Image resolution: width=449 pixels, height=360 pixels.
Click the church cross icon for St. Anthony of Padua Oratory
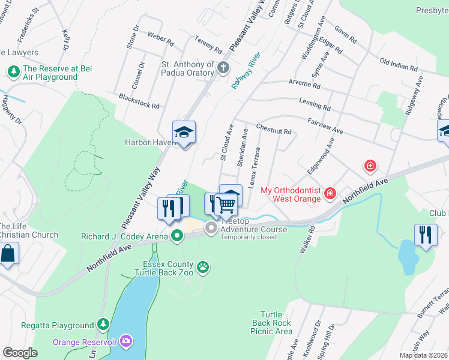point(224,67)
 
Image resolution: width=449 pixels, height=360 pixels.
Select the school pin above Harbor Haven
point(184,133)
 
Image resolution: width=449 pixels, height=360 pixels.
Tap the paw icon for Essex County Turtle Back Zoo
point(203,266)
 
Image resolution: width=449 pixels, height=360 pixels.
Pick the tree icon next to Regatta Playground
point(103,325)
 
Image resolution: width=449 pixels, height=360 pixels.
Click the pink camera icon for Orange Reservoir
point(125,341)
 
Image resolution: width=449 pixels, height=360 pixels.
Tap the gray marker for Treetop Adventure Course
point(211,228)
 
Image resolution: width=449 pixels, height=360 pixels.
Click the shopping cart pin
point(226,205)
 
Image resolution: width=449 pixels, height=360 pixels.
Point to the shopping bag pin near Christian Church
point(8,253)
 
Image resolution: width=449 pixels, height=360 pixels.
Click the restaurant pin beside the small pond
point(426,235)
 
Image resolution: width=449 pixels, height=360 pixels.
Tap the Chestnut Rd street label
point(273,130)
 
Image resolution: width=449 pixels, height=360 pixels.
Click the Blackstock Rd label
point(139,101)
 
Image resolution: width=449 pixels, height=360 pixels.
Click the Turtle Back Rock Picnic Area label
point(276,323)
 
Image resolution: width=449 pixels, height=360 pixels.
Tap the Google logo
point(20,353)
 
